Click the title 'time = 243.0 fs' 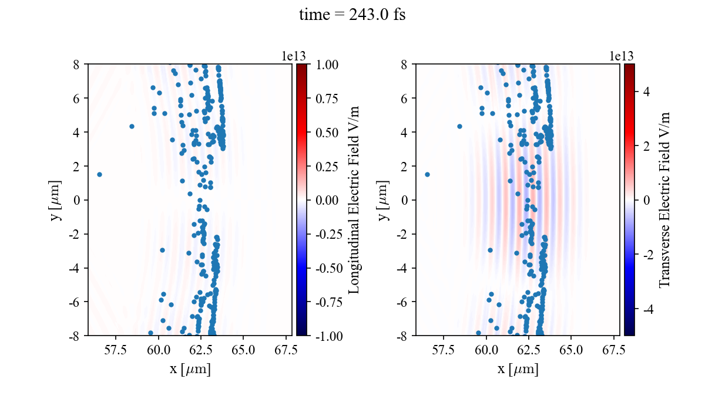tap(352, 15)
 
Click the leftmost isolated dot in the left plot tap(99, 174)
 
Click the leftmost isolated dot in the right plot tap(427, 174)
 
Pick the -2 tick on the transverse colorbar tap(646, 255)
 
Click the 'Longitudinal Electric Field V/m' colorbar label tap(354, 199)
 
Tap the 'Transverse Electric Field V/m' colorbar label tap(664, 199)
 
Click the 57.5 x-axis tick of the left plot tap(115, 350)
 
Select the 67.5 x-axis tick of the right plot tap(613, 350)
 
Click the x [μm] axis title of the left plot tap(190, 369)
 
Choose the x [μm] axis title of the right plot tap(518, 369)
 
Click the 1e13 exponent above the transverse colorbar tap(621, 56)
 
